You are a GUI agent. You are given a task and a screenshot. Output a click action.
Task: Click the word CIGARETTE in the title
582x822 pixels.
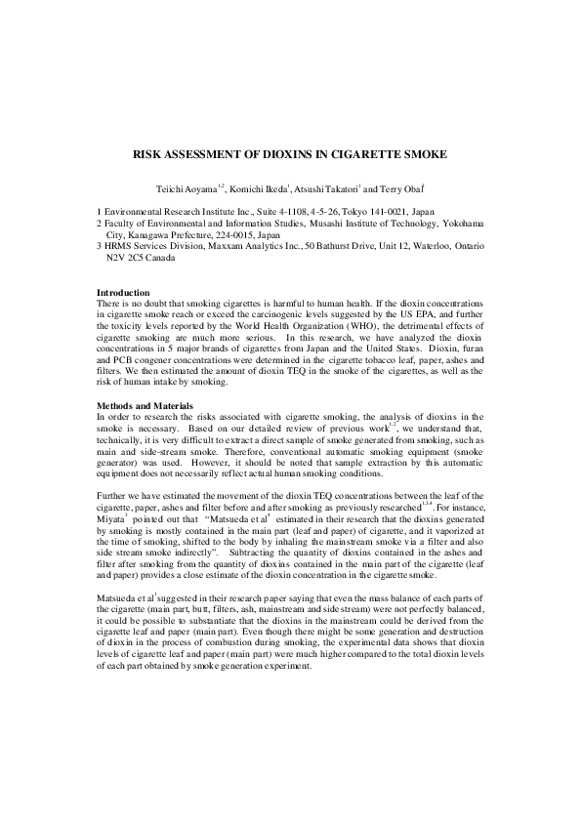point(361,154)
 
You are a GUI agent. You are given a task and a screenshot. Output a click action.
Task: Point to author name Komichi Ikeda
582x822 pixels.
point(261,186)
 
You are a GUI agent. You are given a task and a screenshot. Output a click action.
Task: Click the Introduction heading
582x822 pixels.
point(123,293)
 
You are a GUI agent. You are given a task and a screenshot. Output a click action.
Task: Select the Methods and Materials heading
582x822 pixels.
point(145,405)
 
